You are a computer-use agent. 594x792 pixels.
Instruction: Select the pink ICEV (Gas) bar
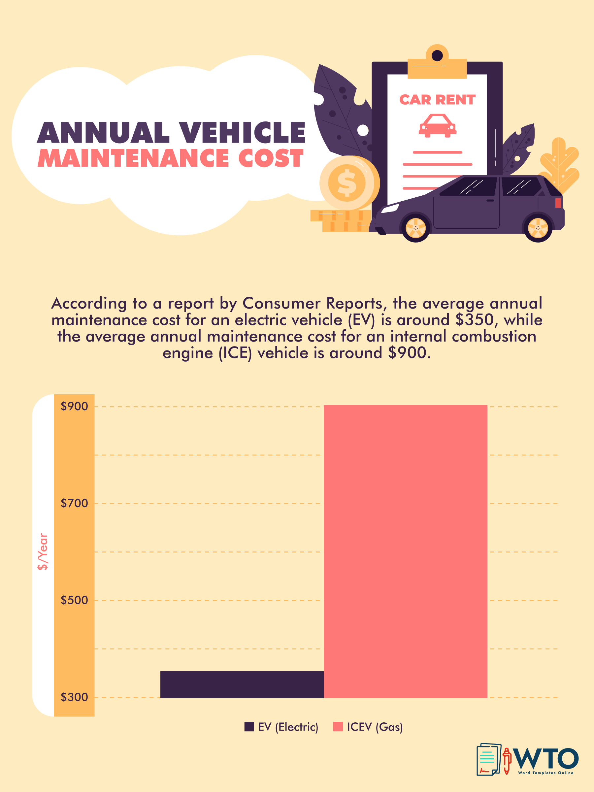pos(405,551)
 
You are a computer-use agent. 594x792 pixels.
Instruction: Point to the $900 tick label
pos(74,406)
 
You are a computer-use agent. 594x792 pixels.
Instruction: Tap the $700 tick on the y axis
pos(74,503)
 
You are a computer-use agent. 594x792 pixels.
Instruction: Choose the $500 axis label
pos(74,600)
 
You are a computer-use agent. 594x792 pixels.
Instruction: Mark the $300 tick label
pos(74,697)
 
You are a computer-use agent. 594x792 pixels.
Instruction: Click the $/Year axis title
pos(43,551)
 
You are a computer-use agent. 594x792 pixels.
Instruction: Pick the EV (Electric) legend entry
pos(281,727)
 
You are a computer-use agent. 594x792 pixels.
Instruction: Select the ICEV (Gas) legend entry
pos(368,727)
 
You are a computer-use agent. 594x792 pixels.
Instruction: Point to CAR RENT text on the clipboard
pos(437,100)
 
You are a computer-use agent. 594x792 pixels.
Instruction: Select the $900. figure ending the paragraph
pos(409,353)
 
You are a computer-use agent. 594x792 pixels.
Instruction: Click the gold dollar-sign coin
pos(347,183)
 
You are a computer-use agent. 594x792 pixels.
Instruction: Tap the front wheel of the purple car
pos(415,228)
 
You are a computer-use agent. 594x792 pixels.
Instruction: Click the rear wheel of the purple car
pos(538,228)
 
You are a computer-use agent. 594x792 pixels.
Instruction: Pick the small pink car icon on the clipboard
pos(438,126)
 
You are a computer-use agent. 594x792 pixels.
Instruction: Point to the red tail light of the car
pos(558,203)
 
